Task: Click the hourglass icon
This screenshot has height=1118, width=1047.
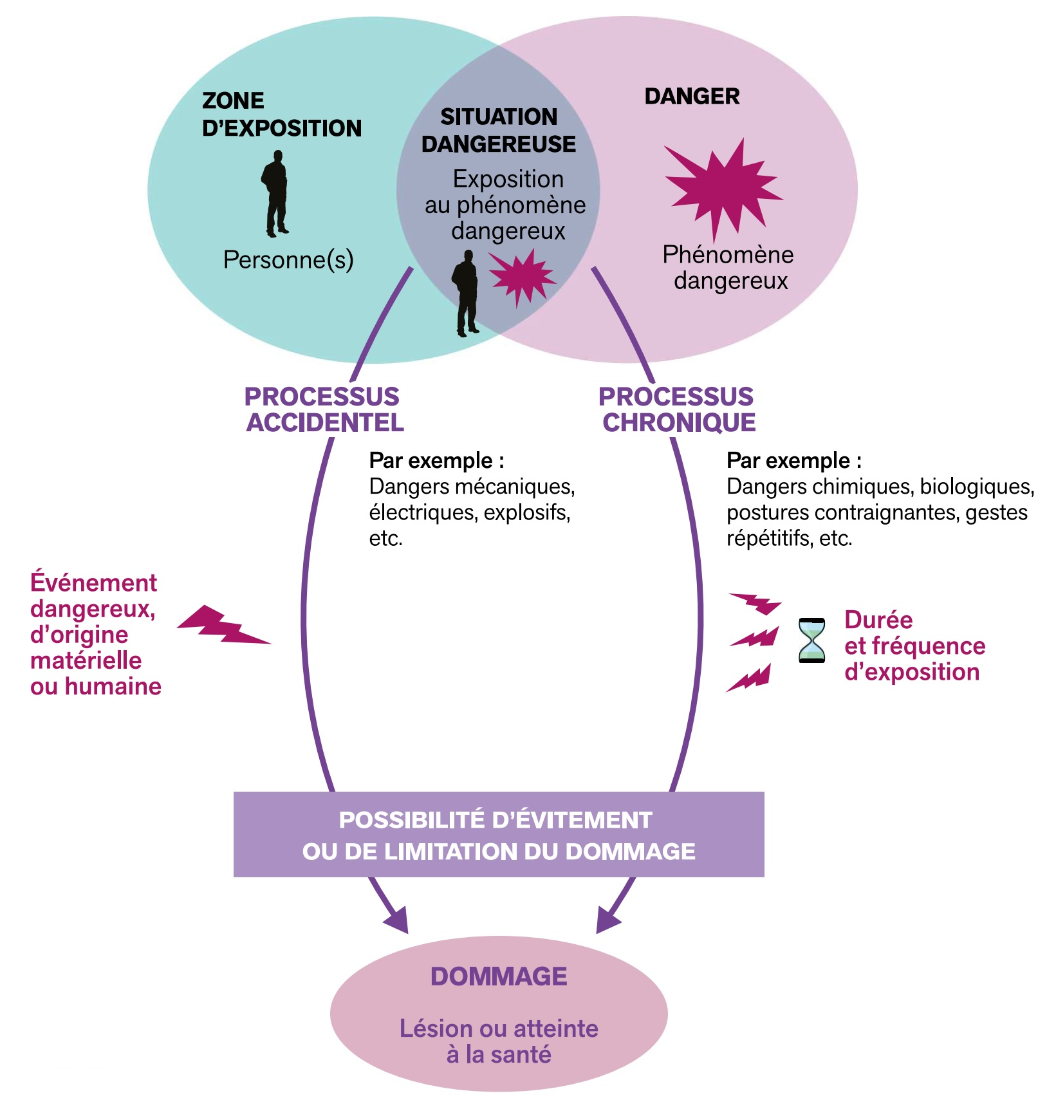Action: point(811,640)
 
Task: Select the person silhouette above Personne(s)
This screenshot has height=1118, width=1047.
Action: point(276,193)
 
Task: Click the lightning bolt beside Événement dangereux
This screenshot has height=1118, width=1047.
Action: point(222,625)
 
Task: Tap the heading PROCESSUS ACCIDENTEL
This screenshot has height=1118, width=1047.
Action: point(324,409)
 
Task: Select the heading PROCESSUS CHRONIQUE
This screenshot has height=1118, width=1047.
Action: point(678,409)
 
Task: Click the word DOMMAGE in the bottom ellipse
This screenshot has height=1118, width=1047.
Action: point(499,976)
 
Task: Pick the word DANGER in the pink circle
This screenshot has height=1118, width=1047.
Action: point(692,97)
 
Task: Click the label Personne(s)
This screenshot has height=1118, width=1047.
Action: point(288,260)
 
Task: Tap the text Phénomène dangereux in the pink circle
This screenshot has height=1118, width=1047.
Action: point(728,268)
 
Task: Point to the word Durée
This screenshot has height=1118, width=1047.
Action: point(878,620)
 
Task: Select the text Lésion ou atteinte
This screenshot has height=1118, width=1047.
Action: point(499,1029)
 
